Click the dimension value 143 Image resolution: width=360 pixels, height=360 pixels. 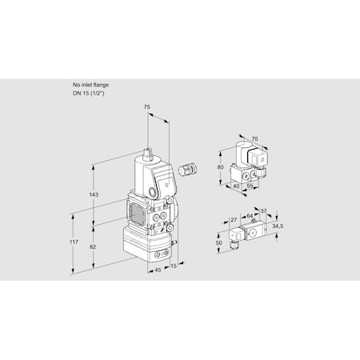(94, 195)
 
